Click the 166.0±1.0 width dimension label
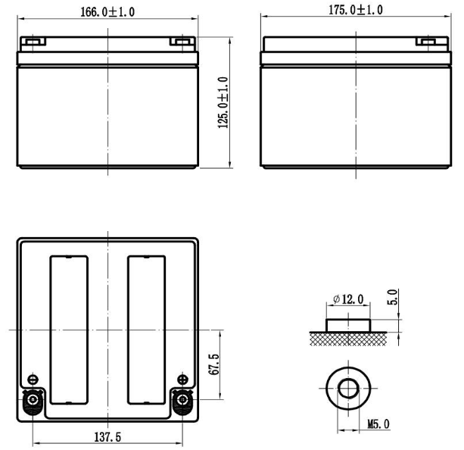(x=107, y=12)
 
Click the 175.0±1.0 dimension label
(x=356, y=10)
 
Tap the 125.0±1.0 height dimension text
(x=223, y=102)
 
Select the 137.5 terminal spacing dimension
(x=107, y=437)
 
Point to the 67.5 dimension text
(x=214, y=364)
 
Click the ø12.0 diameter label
(x=348, y=299)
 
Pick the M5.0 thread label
(x=378, y=424)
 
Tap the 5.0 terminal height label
(x=392, y=297)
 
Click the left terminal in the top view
(x=33, y=400)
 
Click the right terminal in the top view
(x=182, y=400)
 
